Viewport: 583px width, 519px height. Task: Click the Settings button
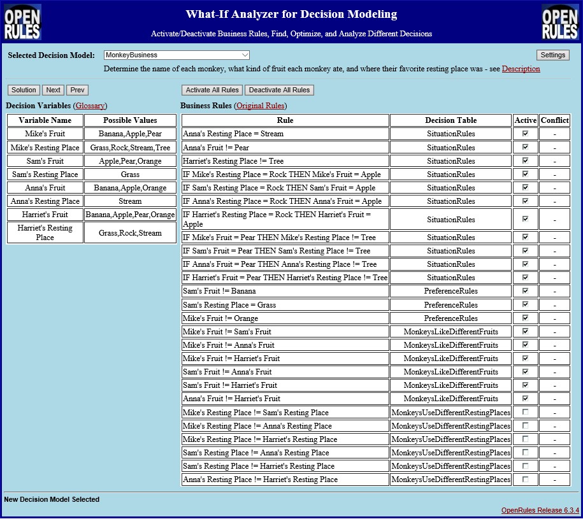coord(552,55)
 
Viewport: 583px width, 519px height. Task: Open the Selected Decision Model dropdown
coord(176,55)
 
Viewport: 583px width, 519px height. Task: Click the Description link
coord(521,69)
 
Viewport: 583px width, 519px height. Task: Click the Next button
coord(54,90)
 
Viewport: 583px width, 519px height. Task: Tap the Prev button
coord(77,90)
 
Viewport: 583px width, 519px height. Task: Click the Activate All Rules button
coord(212,90)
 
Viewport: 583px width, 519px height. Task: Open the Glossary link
coord(90,106)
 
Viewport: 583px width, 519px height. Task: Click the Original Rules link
coord(260,106)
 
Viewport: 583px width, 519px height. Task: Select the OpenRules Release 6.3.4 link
coord(540,510)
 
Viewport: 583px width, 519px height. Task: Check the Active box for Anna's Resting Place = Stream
coord(525,134)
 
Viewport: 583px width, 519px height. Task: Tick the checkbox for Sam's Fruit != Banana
coord(525,291)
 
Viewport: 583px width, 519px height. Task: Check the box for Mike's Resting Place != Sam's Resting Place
coord(525,412)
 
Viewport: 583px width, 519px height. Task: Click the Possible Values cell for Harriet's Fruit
coord(130,215)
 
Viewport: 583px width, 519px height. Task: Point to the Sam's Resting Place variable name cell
coord(45,174)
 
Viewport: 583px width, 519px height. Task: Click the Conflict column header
coord(554,120)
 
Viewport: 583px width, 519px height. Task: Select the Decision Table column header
coord(450,120)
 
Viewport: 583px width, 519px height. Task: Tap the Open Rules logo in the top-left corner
coord(22,22)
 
